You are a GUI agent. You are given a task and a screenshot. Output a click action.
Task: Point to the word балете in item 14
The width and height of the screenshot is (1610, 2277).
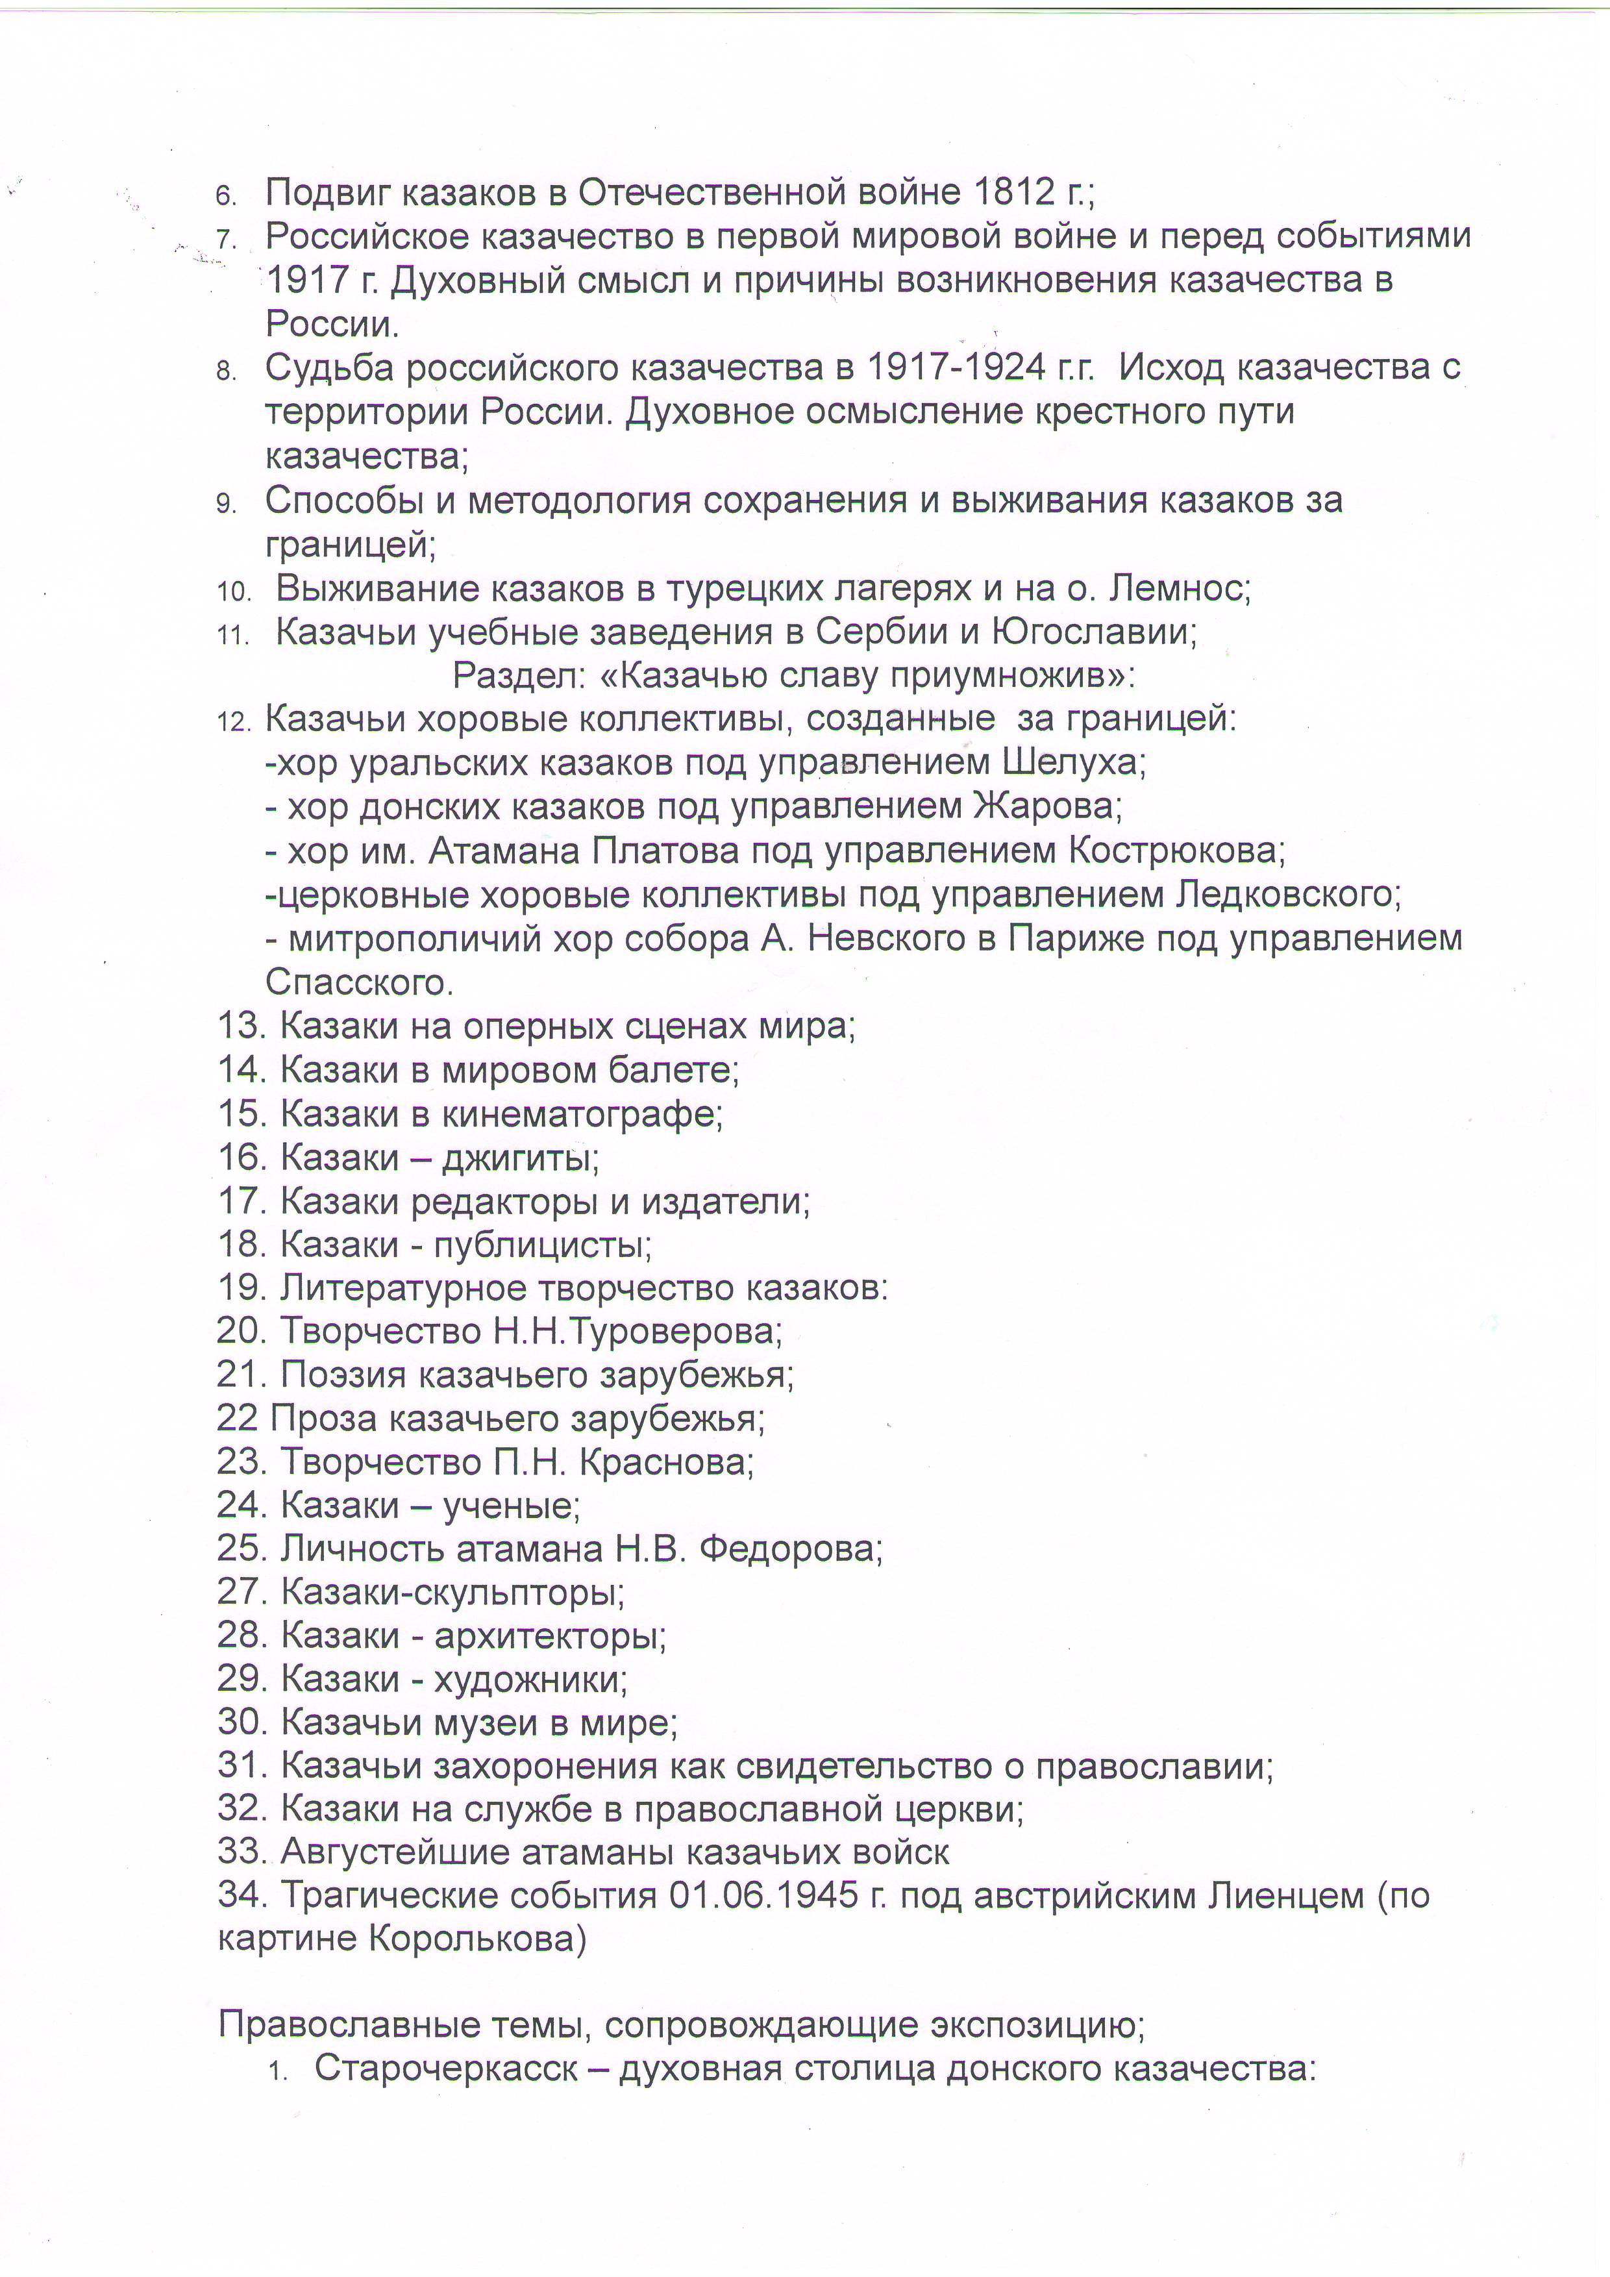(673, 1070)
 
